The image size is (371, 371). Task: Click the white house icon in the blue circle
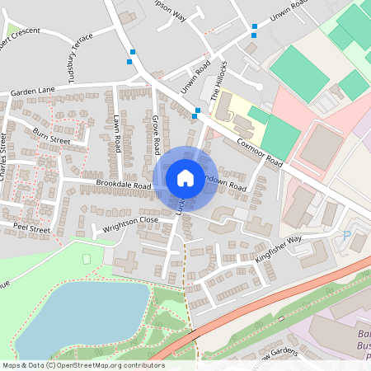point(185,178)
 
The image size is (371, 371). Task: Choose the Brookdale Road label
point(124,185)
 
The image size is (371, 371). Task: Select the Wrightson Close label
point(130,221)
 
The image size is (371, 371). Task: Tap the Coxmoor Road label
point(261,153)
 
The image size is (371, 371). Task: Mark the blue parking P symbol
point(346,236)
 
